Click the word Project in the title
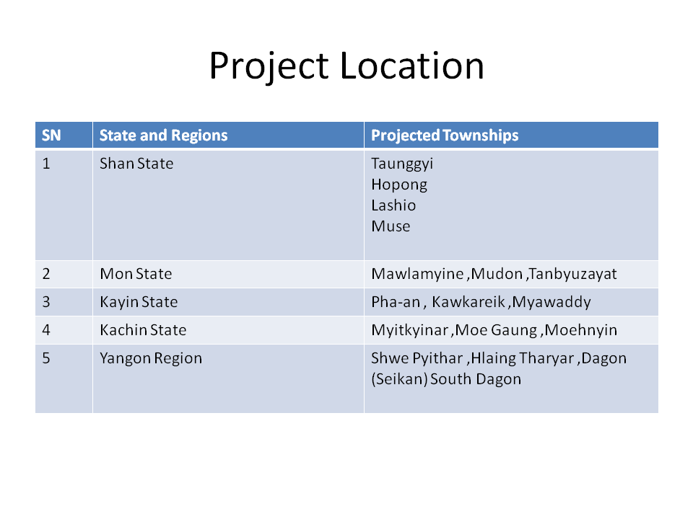point(269,66)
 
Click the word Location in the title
point(412,66)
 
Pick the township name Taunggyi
point(402,164)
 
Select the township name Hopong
point(399,185)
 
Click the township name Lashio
point(393,205)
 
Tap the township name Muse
point(391,226)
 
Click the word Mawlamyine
point(418,275)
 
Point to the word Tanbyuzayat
point(572,275)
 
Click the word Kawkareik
point(468,302)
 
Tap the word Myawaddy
point(552,302)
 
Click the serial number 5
point(46,358)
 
